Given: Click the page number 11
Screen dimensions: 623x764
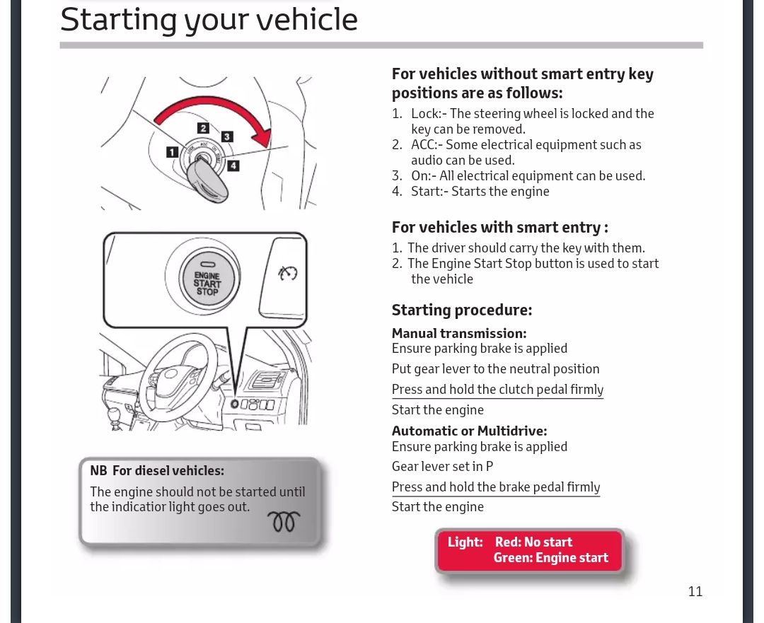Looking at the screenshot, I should point(695,591).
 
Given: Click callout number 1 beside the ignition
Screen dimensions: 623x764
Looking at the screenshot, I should point(172,151).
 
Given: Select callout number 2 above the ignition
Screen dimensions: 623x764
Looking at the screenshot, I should point(203,128).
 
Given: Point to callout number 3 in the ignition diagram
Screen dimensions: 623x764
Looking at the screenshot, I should point(227,136).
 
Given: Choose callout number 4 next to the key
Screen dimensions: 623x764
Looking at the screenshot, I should point(233,166).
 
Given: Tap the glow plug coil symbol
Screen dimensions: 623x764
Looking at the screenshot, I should point(284,522).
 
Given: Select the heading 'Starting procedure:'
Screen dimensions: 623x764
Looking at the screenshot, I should point(461,310).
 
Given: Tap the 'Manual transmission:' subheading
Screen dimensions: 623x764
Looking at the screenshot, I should point(458,333).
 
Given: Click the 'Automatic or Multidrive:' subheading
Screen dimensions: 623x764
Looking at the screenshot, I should point(469,431).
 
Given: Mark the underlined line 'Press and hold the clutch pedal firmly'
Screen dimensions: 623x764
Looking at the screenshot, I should point(497,390).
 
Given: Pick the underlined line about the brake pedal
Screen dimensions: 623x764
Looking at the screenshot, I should point(495,487).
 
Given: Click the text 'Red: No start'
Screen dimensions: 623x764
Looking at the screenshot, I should point(533,542).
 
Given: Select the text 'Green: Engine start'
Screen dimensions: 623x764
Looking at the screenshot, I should point(550,558).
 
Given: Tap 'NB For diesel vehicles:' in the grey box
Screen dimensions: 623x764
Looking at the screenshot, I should point(157,470).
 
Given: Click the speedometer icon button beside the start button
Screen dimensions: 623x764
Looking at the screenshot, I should point(288,274).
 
